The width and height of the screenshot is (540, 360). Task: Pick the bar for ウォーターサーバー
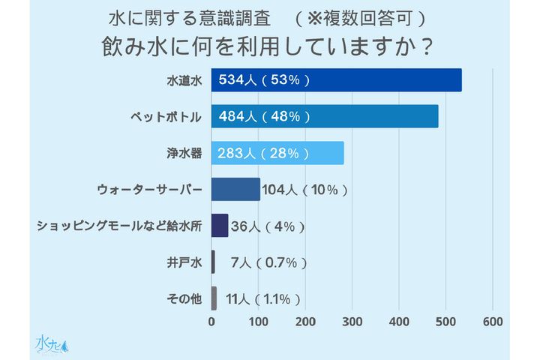pyautogui.click(x=235, y=189)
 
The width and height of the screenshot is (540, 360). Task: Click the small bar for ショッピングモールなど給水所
pyautogui.click(x=220, y=225)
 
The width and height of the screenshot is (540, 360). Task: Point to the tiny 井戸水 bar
pyautogui.click(x=214, y=262)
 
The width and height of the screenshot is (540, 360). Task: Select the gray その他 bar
pyautogui.click(x=214, y=298)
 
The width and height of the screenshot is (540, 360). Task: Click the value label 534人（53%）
pyautogui.click(x=263, y=80)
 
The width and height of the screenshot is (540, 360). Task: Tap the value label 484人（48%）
pyautogui.click(x=263, y=116)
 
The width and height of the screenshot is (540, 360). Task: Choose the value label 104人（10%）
pyautogui.click(x=305, y=190)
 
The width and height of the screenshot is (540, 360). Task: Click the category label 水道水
pyautogui.click(x=184, y=80)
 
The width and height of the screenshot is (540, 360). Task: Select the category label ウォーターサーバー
pyautogui.click(x=150, y=190)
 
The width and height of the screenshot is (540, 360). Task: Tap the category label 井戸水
pyautogui.click(x=184, y=262)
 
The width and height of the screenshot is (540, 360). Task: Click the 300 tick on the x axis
pyautogui.click(x=352, y=322)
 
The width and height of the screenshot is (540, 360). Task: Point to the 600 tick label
pyautogui.click(x=492, y=322)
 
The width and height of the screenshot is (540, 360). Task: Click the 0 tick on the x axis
pyautogui.click(x=211, y=322)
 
